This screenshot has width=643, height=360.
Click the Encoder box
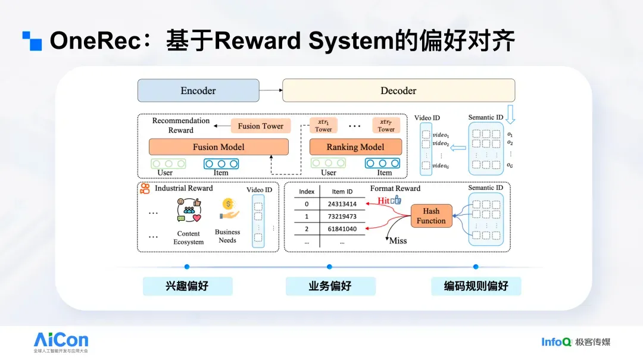pyautogui.click(x=198, y=90)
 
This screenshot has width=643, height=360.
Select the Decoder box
pyautogui.click(x=398, y=90)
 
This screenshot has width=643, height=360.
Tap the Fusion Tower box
pyautogui.click(x=261, y=126)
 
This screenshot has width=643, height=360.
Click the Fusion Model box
pyautogui.click(x=219, y=147)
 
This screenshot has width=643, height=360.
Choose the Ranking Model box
pyautogui.click(x=355, y=147)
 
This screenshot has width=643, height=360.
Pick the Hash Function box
pyautogui.click(x=431, y=215)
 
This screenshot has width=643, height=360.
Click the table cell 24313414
pyautogui.click(x=342, y=204)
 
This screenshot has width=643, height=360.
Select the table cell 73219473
pyautogui.click(x=342, y=217)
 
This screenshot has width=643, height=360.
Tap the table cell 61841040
pyautogui.click(x=342, y=229)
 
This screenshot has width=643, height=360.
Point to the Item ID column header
pyautogui.click(x=342, y=192)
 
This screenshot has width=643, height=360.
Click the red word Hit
pyautogui.click(x=383, y=201)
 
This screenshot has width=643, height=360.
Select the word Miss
pyautogui.click(x=398, y=240)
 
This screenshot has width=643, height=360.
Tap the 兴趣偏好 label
pyautogui.click(x=187, y=286)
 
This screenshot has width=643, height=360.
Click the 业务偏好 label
pyautogui.click(x=330, y=286)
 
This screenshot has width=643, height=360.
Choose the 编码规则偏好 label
pyautogui.click(x=476, y=286)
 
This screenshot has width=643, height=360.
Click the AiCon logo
pyautogui.click(x=61, y=340)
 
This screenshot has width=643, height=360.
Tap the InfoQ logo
pyautogui.click(x=557, y=342)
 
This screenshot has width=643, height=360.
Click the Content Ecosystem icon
pyautogui.click(x=189, y=210)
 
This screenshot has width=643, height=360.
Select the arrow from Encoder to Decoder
pyautogui.click(x=271, y=90)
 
